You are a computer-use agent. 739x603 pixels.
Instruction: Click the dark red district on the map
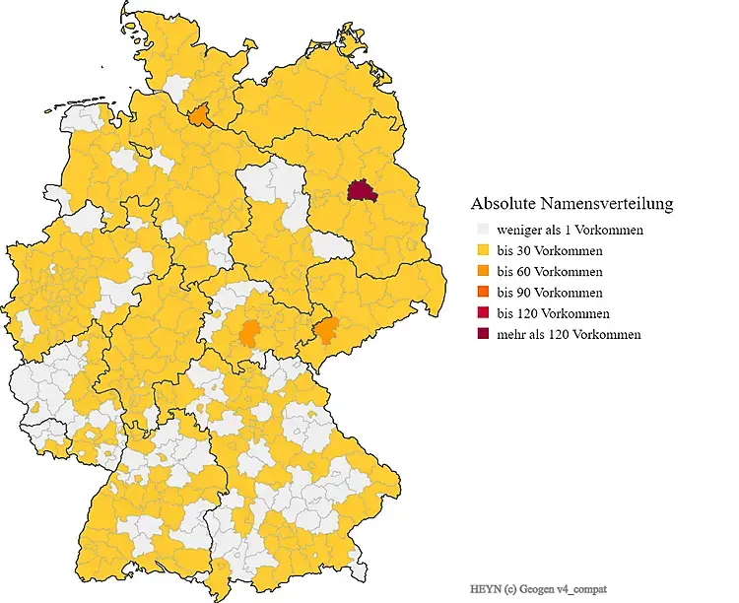coord(363,191)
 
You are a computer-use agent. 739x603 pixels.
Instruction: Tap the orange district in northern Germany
coord(200,117)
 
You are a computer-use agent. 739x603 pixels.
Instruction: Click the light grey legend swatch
coord(481,231)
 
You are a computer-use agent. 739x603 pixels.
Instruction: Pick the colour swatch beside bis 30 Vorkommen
coord(481,251)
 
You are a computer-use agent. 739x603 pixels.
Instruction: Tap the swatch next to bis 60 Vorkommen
coord(481,272)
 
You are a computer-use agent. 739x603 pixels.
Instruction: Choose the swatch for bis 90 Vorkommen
coord(481,293)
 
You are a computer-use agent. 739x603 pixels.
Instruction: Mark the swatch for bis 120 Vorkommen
coord(481,313)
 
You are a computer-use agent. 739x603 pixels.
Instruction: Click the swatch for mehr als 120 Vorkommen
coord(481,334)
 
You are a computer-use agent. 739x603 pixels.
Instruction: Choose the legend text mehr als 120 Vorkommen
coord(570,334)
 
